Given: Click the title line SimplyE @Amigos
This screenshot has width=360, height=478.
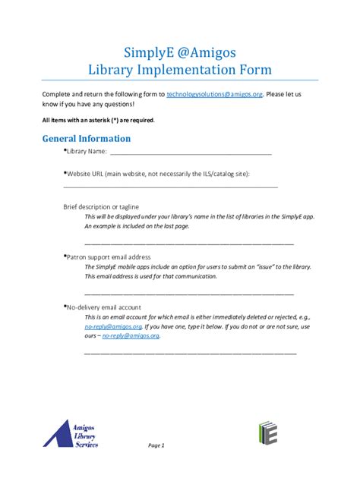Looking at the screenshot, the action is click(179, 52).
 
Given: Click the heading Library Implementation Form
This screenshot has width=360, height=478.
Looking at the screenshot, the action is click(179, 70).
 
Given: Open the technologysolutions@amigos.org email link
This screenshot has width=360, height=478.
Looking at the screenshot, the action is click(214, 94).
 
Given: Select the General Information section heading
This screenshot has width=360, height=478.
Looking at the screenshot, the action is click(87, 139).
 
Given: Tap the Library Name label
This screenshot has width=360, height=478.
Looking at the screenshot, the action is click(86, 151).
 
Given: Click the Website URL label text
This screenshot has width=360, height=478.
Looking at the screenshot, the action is click(158, 174).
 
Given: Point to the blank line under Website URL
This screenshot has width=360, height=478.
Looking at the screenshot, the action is click(170, 186).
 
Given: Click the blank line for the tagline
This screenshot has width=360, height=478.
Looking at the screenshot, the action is click(188, 244).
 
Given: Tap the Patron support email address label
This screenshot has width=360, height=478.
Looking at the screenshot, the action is click(109, 257).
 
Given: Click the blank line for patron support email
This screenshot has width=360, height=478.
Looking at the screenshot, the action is click(188, 293).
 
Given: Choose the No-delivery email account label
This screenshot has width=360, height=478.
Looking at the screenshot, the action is click(103, 307).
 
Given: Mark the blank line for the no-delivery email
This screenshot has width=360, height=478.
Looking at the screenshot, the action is click(190, 353).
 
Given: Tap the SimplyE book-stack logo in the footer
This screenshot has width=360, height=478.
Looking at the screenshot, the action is click(267, 432).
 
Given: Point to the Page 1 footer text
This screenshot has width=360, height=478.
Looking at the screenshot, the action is click(156, 445).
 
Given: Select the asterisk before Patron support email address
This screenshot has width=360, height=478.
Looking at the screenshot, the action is click(65, 256).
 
